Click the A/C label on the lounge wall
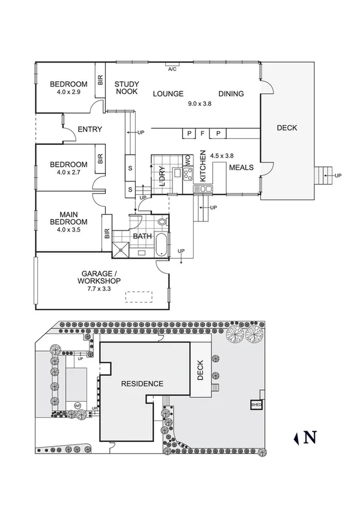(172, 69)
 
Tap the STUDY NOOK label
(126, 88)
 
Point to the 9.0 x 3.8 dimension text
(200, 103)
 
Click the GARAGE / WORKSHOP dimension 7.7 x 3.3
(100, 289)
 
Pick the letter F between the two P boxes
(203, 134)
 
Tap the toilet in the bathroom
(161, 222)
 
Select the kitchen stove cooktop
(187, 174)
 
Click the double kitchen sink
(203, 189)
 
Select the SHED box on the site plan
(256, 405)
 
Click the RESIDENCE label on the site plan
(142, 384)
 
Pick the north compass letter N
(310, 437)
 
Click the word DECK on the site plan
(201, 370)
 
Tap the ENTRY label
(90, 129)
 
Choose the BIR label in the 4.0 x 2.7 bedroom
(100, 159)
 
